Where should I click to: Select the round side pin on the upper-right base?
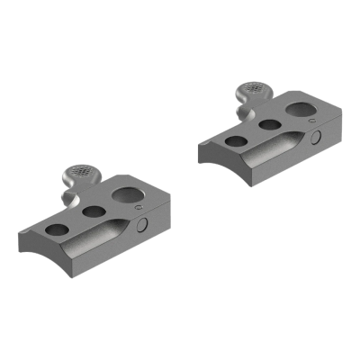319,136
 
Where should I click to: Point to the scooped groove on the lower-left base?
99,245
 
